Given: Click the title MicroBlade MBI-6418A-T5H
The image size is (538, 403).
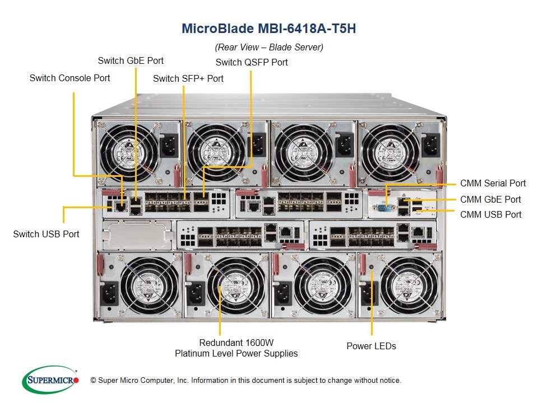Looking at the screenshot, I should pos(268,29).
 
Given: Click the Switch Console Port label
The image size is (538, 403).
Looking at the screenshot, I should pos(69,78).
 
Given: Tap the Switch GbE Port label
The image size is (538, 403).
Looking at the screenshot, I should pos(131,60).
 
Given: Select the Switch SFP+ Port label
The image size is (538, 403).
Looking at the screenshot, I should pos(188,78).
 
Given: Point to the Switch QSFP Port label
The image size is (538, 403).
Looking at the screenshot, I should pos(252,62).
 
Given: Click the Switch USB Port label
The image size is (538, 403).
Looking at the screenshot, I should pos(46,234).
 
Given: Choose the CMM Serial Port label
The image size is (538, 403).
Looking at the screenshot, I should pos(493,183).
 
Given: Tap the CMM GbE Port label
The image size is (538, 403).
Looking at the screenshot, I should pos(490,199).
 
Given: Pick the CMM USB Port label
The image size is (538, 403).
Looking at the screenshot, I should pos(491,214).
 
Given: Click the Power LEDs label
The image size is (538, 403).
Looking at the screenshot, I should pos(371,346).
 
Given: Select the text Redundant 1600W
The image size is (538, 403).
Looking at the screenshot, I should pos(236,343).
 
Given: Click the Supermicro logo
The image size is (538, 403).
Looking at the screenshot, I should pos(50,380).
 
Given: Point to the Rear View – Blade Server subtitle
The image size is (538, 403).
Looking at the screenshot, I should pos(269,47).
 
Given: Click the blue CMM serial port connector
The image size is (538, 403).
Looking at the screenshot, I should pos(384,209).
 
